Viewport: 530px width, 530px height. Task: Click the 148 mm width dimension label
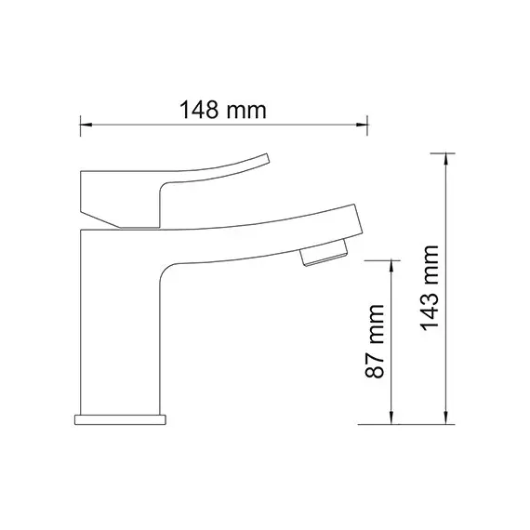pos(224,110)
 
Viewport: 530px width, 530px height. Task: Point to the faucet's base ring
pos(122,417)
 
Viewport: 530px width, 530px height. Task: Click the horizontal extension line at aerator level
pos(381,259)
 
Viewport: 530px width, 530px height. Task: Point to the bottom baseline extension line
pos(409,424)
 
